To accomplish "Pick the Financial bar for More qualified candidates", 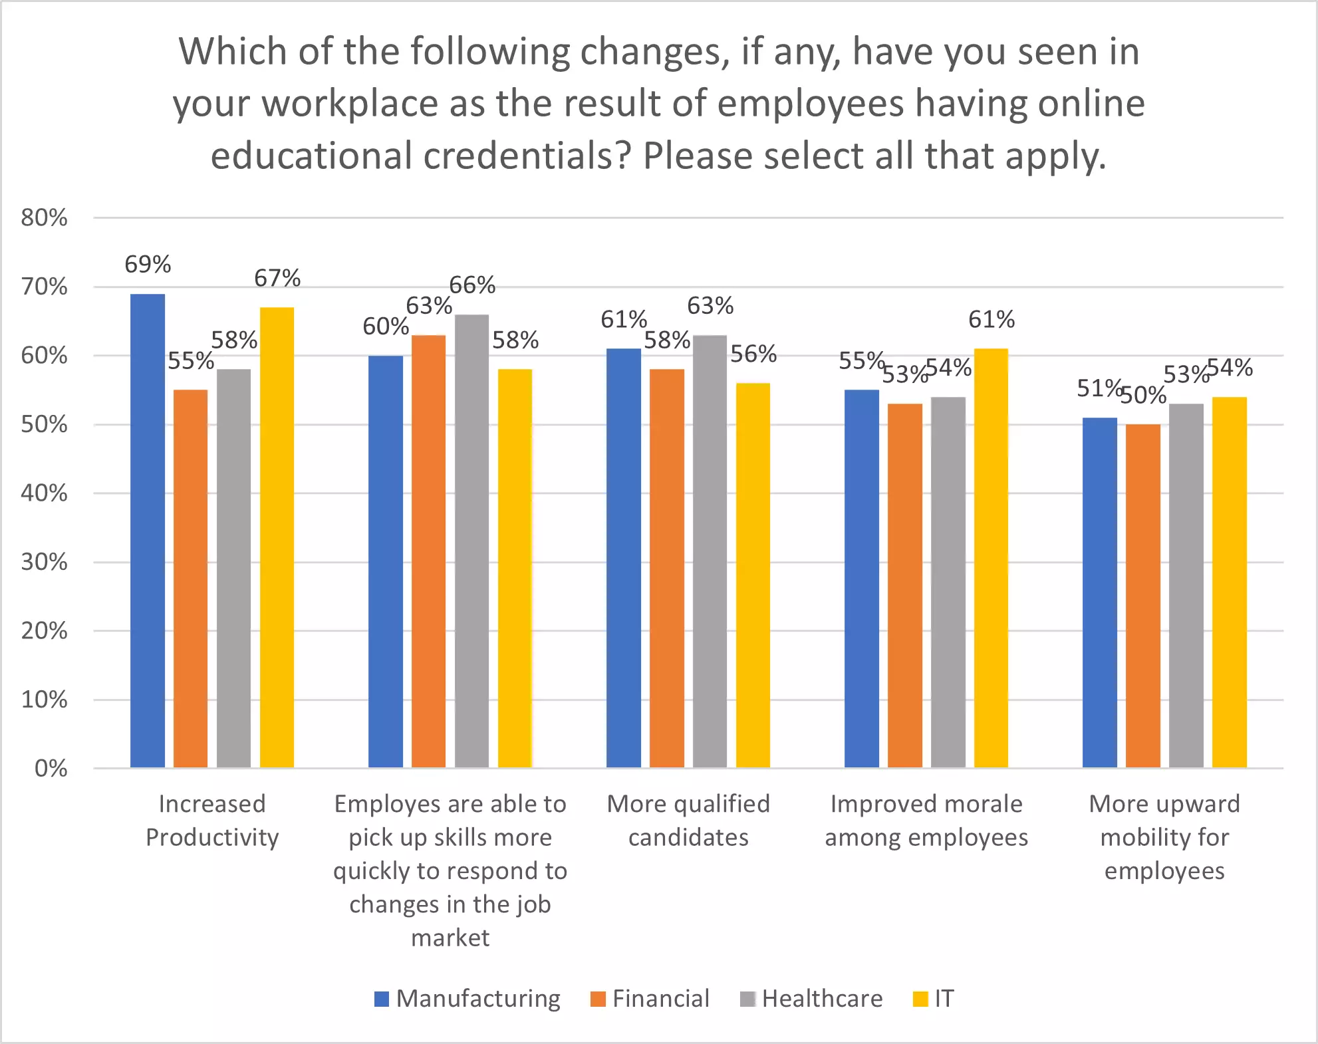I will point(666,568).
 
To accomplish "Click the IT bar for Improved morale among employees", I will point(991,558).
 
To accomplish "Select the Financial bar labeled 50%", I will point(1142,596).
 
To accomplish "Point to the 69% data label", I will point(148,265).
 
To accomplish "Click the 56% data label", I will point(753,354).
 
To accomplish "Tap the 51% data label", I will point(1099,388).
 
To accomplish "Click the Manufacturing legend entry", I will point(468,999).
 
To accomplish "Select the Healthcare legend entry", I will point(812,999).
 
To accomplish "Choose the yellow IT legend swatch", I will point(920,999).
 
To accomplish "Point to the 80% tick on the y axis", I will point(44,217).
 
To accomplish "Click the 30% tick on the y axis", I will point(44,562).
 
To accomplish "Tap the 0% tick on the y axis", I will point(51,769).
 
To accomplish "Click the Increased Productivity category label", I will point(212,821).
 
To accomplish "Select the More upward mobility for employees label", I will point(1164,837).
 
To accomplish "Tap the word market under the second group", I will point(450,938).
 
